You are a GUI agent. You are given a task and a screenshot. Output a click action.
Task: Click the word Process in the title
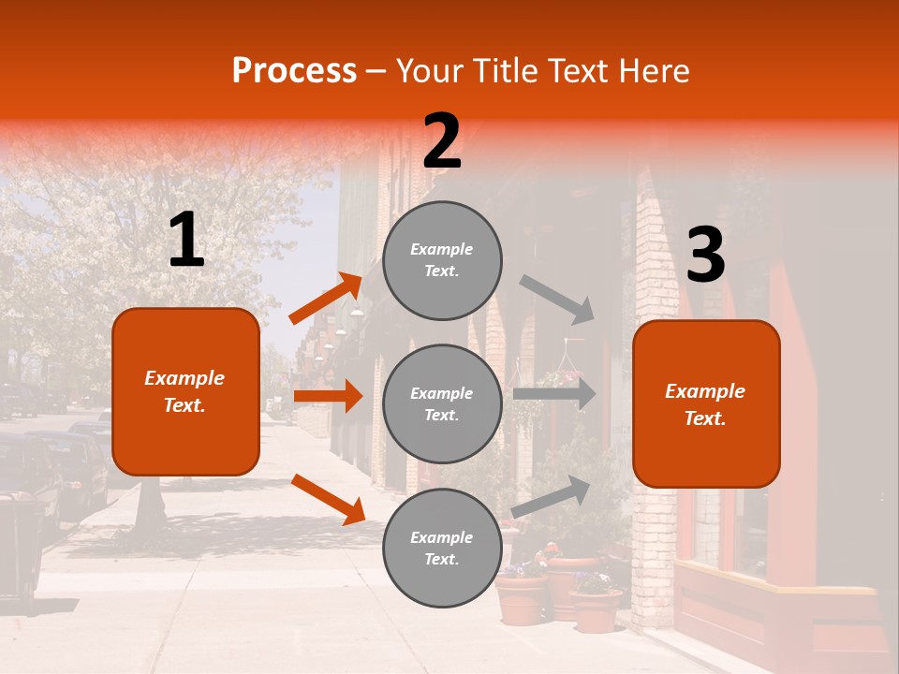pos(294,70)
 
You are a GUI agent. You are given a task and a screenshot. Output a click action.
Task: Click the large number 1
pos(186,241)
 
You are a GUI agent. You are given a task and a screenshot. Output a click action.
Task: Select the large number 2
pos(442,141)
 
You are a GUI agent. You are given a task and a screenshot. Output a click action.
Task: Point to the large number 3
pos(705,256)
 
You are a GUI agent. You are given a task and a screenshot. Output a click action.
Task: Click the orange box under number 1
pos(185,391)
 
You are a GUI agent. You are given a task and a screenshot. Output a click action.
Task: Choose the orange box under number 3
pos(706,403)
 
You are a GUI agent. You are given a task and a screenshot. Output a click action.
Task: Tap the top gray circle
pos(442,260)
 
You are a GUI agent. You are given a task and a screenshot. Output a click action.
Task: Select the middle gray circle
pos(442,403)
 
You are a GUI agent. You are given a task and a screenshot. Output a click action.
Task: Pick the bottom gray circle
pos(442,548)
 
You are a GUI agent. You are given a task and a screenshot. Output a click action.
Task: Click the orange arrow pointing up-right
pos(327,298)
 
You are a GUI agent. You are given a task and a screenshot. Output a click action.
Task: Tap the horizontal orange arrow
pos(328,396)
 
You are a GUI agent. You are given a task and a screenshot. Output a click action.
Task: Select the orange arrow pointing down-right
pos(328,498)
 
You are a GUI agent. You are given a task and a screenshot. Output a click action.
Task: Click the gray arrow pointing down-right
pos(557,299)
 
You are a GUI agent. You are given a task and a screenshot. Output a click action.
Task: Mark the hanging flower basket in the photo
pos(559,374)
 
